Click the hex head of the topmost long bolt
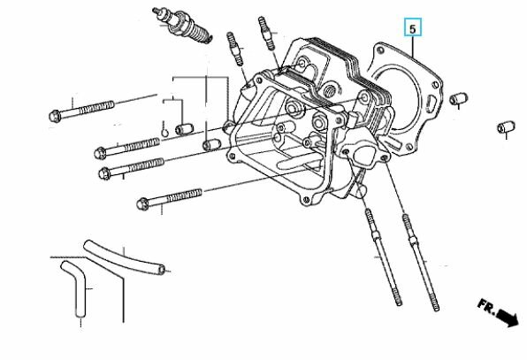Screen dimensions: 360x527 click(x=54, y=115)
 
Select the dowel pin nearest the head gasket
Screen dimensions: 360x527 click(x=459, y=97)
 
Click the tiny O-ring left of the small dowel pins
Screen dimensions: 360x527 click(x=165, y=134)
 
